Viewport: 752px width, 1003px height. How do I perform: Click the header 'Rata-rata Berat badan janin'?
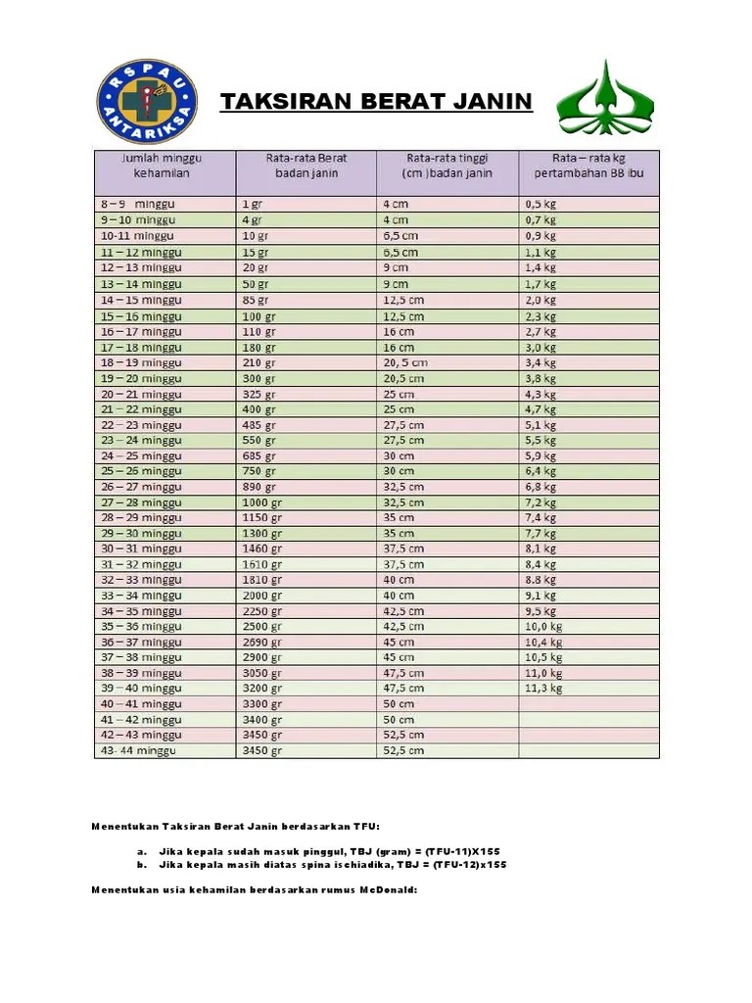(305, 166)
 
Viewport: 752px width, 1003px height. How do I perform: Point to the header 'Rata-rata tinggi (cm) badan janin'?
(446, 166)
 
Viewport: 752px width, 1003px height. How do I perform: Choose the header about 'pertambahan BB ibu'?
(588, 166)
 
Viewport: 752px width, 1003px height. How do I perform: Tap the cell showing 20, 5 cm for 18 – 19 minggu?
(405, 362)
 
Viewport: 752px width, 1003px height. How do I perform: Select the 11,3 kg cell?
(544, 689)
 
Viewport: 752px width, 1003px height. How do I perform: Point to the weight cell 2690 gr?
(261, 642)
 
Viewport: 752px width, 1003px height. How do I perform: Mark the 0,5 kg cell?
(540, 204)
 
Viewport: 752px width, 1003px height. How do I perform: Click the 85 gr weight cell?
(255, 299)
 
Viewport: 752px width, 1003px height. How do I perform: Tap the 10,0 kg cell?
(544, 626)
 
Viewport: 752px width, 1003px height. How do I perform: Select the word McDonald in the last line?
(389, 889)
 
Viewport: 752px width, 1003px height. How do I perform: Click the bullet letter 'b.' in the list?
(143, 865)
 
